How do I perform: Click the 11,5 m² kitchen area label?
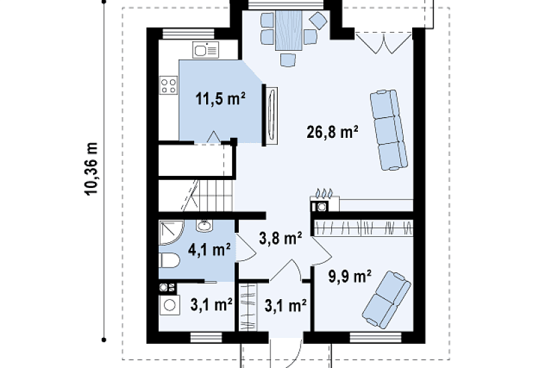[220, 99]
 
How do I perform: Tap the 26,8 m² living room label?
[333, 132]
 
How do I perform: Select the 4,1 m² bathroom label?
[209, 250]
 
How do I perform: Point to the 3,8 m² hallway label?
[280, 238]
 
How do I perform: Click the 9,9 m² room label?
[350, 276]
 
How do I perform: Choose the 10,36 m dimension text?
[91, 169]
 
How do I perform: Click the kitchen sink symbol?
[205, 50]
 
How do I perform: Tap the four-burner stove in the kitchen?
[168, 86]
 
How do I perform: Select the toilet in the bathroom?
[169, 260]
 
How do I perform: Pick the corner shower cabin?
[171, 232]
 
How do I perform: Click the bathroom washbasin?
[205, 225]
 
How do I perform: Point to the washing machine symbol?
[170, 305]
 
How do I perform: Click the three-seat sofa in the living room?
[389, 130]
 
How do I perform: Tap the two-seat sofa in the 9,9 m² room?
[386, 299]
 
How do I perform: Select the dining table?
[288, 30]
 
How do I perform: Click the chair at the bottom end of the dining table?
[288, 60]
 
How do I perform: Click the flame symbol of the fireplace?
[324, 193]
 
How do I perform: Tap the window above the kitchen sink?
[188, 33]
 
